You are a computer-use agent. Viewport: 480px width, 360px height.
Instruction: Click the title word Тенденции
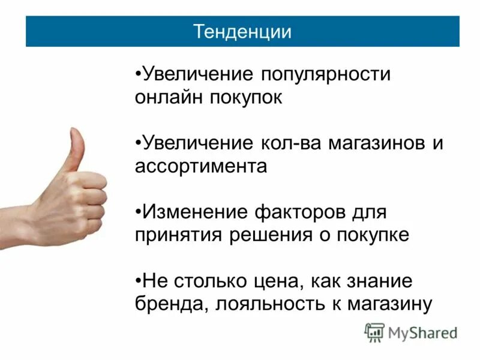[x=242, y=31]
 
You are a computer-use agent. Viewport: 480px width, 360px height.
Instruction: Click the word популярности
[x=325, y=75]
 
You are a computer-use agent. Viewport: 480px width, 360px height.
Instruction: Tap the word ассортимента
[x=201, y=166]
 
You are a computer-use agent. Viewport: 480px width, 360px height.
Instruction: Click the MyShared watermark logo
[x=411, y=332]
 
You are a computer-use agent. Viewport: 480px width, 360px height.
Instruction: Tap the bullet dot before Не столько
[x=138, y=281]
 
